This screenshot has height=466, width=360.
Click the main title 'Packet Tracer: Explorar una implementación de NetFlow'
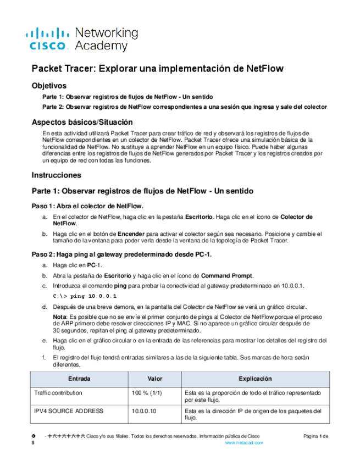click(x=157, y=69)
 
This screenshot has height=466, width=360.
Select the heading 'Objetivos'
click(x=49, y=86)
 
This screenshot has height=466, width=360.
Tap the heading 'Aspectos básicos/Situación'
click(x=82, y=122)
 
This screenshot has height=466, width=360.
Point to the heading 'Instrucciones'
click(x=57, y=175)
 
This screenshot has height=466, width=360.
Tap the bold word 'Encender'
click(x=130, y=234)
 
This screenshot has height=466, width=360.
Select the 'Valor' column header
click(x=155, y=379)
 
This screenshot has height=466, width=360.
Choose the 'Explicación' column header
click(x=255, y=379)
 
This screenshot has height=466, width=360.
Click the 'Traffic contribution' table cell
click(x=58, y=393)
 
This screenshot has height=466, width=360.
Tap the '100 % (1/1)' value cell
click(x=147, y=393)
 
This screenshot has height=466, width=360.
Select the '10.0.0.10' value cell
click(x=143, y=410)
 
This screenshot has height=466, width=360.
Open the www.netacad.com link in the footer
click(x=244, y=442)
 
